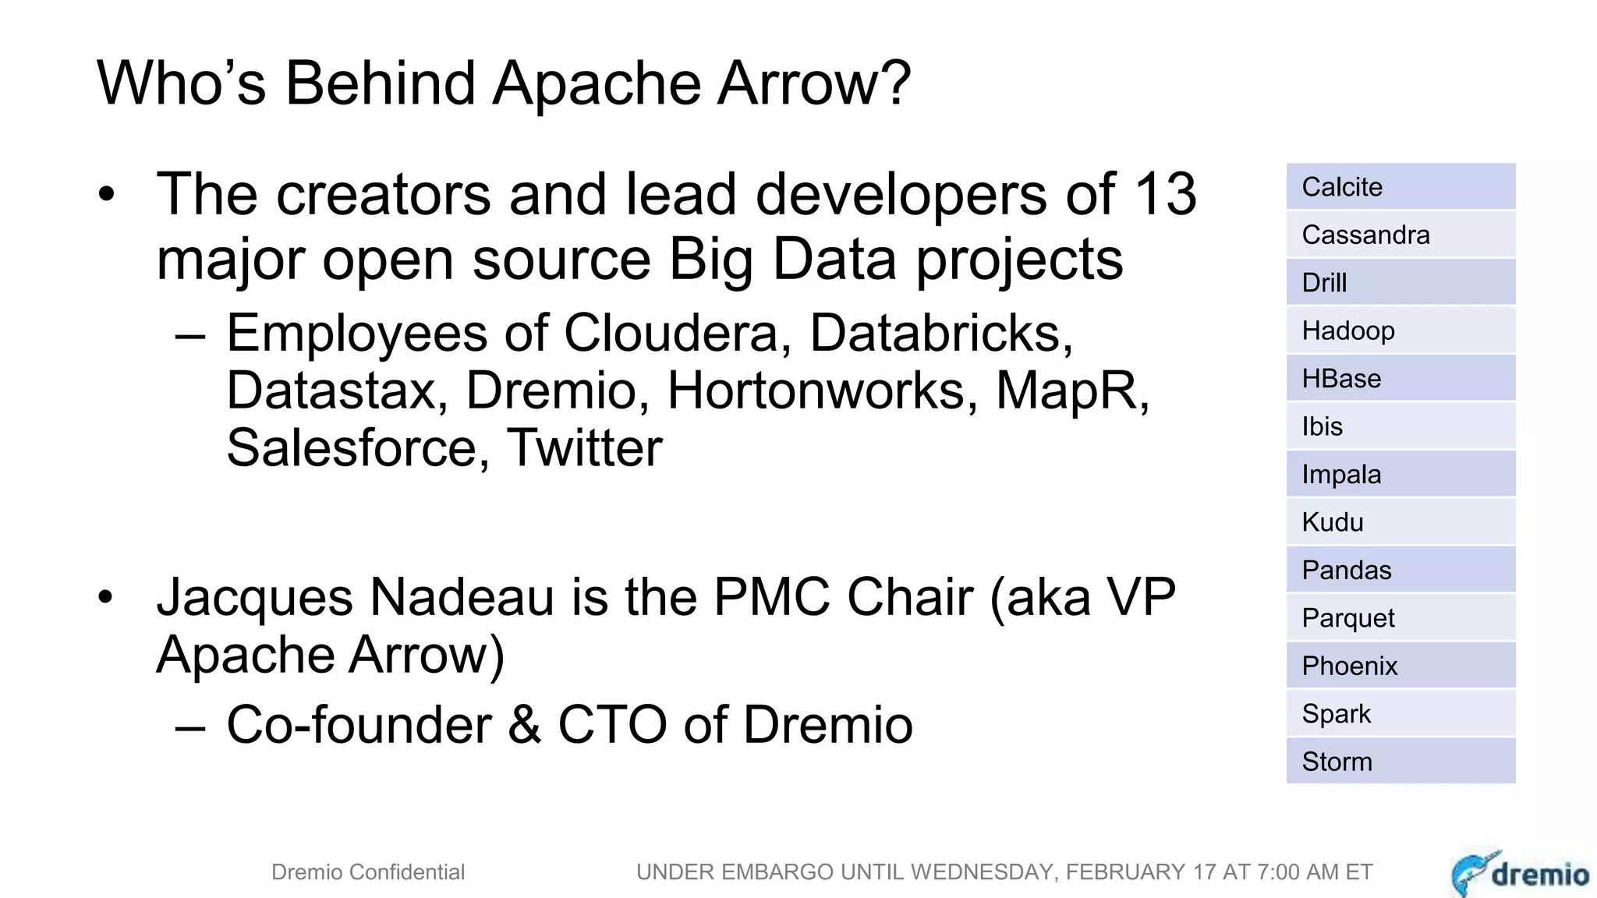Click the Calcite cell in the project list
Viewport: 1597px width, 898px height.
click(1400, 187)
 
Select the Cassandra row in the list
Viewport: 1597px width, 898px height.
click(1400, 235)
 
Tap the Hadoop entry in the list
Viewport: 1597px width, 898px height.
click(1400, 331)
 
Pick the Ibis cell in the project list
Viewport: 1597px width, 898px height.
click(1400, 426)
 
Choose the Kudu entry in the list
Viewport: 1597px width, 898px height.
click(1400, 522)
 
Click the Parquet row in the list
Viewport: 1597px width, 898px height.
click(1400, 618)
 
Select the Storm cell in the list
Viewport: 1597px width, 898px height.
click(1400, 762)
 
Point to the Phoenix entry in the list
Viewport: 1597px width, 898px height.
click(1400, 666)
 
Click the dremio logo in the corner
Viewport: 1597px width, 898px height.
click(1521, 873)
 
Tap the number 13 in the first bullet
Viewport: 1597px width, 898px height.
click(1165, 194)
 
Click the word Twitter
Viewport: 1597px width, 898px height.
click(584, 448)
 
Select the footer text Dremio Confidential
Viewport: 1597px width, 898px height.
click(368, 872)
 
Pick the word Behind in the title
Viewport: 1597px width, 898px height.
click(380, 83)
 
